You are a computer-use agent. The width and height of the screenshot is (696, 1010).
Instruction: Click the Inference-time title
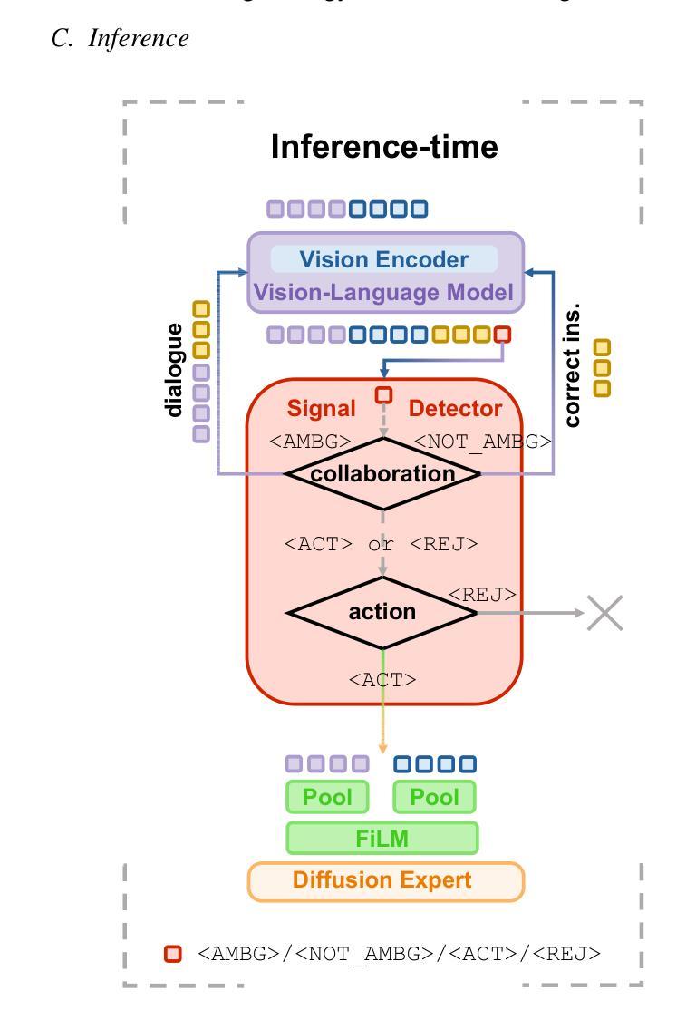[x=384, y=147]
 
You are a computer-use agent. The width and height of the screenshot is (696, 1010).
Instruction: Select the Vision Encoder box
[x=384, y=259]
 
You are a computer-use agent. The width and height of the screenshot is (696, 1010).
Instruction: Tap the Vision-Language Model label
[x=383, y=293]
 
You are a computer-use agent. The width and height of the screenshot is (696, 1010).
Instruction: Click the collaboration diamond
[x=382, y=473]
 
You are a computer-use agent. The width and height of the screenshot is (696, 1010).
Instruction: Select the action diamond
[x=382, y=612]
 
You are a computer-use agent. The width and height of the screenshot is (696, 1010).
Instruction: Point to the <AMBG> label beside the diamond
[x=311, y=442]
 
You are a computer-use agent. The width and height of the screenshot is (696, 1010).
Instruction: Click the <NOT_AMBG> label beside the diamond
[x=482, y=442]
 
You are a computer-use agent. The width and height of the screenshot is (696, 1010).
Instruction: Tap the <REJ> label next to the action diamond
[x=482, y=595]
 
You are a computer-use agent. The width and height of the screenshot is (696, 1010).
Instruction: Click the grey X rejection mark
[x=604, y=613]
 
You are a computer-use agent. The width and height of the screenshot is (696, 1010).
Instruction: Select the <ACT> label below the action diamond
[x=382, y=679]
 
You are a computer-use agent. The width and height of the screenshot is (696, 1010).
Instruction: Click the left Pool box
[x=328, y=797]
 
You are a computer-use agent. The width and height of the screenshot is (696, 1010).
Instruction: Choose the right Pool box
[x=435, y=797]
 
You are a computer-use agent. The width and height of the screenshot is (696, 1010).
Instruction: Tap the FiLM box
[x=382, y=839]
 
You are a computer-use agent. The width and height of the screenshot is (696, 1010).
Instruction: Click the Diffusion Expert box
[x=385, y=880]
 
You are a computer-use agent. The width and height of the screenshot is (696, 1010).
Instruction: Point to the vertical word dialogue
[x=174, y=370]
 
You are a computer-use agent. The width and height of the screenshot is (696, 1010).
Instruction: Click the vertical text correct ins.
[x=572, y=365]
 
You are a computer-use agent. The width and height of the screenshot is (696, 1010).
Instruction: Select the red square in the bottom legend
[x=172, y=954]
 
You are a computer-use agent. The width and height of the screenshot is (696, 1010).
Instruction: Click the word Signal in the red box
[x=322, y=409]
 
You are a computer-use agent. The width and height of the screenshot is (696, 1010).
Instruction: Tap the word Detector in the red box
[x=455, y=409]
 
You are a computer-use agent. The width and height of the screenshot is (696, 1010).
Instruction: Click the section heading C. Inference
[x=121, y=38]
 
